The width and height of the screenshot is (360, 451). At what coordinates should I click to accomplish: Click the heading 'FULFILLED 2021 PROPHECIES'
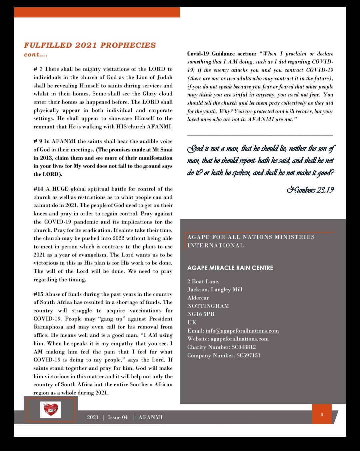tap(90, 45)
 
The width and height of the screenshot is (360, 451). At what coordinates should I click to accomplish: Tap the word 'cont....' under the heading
tap(36, 55)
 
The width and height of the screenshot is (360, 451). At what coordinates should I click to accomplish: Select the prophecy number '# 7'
tap(38, 69)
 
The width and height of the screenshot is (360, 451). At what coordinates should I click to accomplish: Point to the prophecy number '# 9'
tap(38, 142)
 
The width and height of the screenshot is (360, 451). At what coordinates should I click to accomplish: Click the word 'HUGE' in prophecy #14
tap(60, 189)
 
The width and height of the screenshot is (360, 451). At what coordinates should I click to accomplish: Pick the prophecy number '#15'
tap(38, 294)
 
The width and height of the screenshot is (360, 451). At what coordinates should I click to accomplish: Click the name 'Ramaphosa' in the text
tap(48, 327)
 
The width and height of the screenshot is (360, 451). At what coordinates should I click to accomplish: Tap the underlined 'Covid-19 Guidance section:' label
tap(222, 54)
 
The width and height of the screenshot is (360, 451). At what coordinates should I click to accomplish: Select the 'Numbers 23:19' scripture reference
tap(310, 190)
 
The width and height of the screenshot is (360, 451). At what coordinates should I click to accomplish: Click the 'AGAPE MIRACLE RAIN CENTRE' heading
tap(230, 268)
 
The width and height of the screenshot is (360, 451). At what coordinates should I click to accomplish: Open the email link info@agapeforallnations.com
tap(242, 331)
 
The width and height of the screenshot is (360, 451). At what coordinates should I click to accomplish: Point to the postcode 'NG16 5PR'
tap(201, 314)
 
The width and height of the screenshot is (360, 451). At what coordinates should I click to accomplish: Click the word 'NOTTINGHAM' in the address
tap(208, 306)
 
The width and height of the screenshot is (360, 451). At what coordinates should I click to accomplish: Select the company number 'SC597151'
tap(248, 355)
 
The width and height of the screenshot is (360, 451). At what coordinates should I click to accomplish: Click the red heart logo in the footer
tap(51, 409)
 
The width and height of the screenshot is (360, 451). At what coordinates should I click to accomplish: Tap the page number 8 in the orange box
tap(322, 415)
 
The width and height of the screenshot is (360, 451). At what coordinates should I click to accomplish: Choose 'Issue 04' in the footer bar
tap(118, 417)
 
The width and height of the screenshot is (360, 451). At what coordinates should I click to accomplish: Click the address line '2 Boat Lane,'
tap(203, 281)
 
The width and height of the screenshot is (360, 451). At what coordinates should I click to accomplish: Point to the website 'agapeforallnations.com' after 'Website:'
tap(240, 339)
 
